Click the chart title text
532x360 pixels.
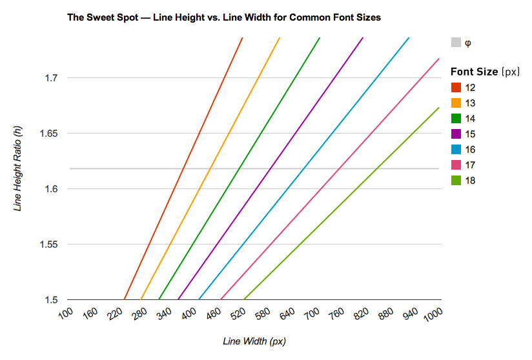[224, 17]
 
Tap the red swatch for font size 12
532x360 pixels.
[456, 87]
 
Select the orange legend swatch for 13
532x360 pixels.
[456, 103]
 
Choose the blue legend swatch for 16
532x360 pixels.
[456, 149]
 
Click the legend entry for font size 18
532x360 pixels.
[463, 180]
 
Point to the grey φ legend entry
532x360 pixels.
[461, 43]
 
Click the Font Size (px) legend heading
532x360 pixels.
[484, 72]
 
